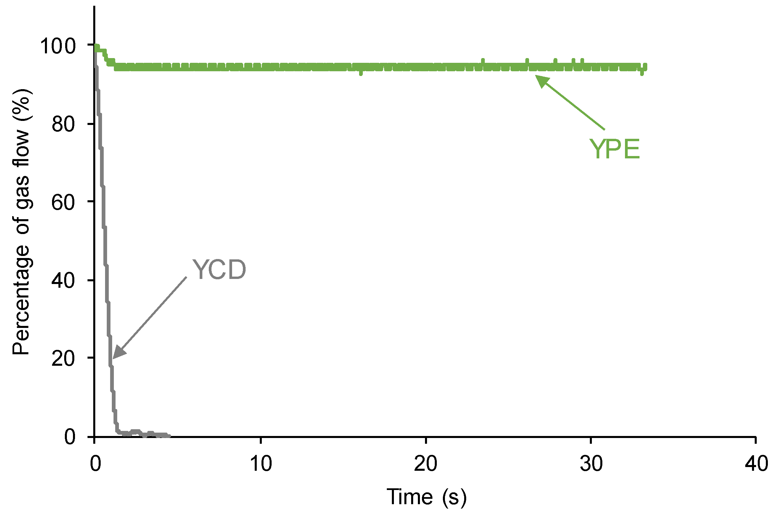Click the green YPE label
[615, 149]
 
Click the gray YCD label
[219, 269]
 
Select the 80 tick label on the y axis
[64, 124]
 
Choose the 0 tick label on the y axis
[70, 436]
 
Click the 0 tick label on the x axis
[95, 464]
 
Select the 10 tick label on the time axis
[261, 464]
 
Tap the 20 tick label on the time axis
[426, 464]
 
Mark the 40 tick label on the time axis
[756, 464]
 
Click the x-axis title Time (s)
[426, 497]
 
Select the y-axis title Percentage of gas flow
[21, 222]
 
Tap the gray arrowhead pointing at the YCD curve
[118, 353]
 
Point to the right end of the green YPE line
[645, 67]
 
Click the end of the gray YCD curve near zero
[169, 436]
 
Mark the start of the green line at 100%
[97, 46]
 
